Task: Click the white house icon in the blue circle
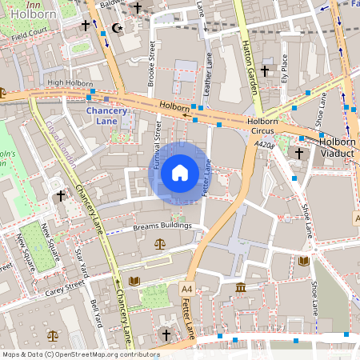pos(179,172)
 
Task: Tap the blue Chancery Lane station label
pos(106,116)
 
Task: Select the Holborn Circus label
pos(262,126)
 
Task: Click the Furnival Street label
pos(158,142)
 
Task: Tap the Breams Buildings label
pos(162,226)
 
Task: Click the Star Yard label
pos(79,260)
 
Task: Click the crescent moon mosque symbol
pos(118,28)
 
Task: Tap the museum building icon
pos(241,287)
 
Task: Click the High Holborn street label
pos(66,82)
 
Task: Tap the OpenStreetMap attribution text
pos(81,354)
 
